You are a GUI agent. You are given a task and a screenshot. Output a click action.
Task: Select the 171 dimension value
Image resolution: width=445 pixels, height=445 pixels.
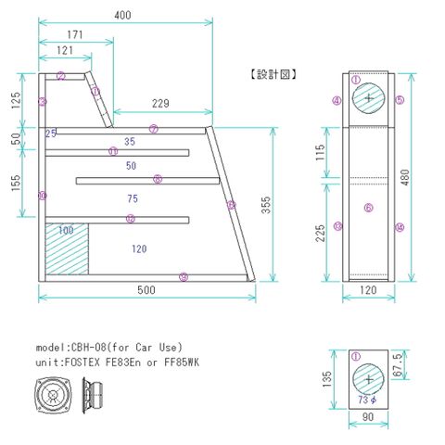(x=75, y=34)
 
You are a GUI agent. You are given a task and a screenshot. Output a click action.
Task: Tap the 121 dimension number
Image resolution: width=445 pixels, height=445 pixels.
(x=65, y=49)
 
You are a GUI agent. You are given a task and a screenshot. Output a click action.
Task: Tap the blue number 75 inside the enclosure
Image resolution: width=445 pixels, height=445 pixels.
(x=133, y=197)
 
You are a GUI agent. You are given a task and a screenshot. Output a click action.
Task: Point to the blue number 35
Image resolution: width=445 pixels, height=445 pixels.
(x=129, y=142)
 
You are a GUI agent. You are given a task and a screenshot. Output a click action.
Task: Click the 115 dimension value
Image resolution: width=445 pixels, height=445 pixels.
(x=321, y=153)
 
